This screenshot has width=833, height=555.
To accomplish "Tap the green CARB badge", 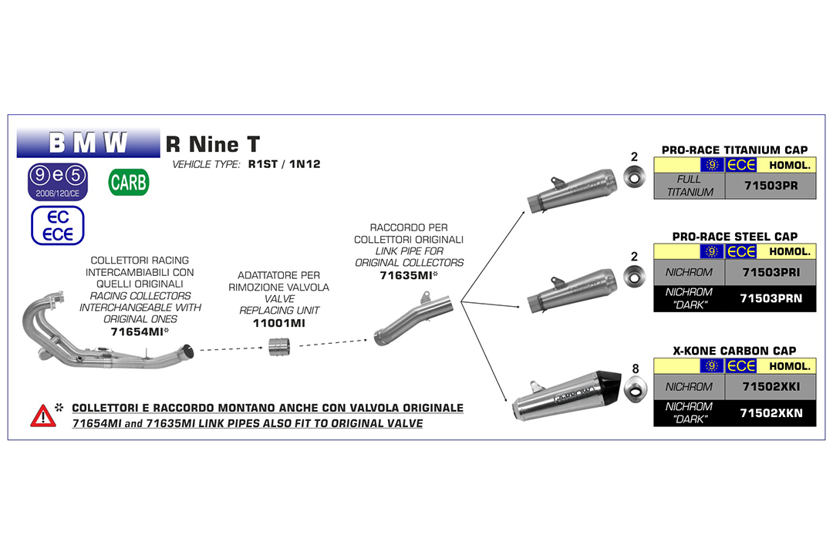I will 129,183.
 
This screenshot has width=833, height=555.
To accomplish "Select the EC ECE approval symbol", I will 58,226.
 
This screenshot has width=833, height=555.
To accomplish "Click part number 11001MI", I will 278,323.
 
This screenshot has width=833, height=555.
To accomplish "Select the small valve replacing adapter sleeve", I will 278,348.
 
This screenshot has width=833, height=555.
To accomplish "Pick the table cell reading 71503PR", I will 770,186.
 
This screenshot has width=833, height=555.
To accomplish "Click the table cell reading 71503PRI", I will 770,272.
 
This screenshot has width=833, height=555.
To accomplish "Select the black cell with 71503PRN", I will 770,298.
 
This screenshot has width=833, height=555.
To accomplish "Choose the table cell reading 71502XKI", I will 770,386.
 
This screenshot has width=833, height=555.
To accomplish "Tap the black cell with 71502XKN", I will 770,413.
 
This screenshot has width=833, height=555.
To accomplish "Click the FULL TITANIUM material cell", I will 689,186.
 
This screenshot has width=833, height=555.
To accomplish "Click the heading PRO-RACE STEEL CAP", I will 734,236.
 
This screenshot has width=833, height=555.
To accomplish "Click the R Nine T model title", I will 213,144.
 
